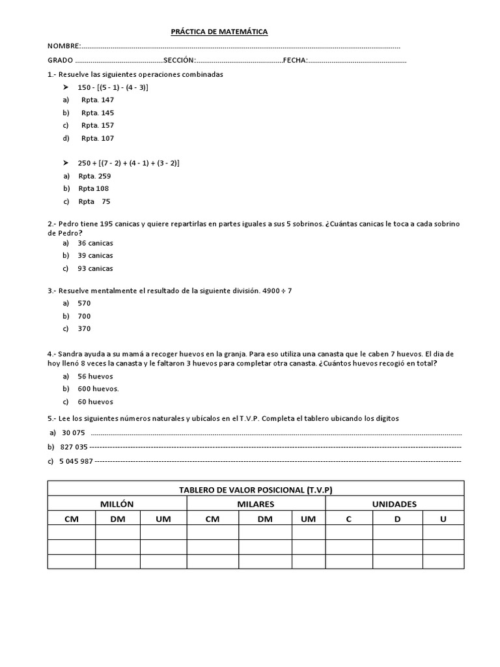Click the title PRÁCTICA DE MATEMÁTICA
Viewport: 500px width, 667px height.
point(219,31)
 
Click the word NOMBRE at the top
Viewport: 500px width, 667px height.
point(63,46)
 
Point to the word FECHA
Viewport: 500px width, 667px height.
point(294,61)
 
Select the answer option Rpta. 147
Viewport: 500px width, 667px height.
point(98,100)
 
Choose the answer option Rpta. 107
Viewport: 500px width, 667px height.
point(98,138)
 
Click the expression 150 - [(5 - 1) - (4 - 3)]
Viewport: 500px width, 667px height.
point(113,87)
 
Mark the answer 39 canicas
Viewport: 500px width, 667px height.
point(95,255)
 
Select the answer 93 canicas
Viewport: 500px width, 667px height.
point(95,268)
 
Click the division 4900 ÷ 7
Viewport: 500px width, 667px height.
point(281,290)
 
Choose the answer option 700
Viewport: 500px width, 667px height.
point(85,316)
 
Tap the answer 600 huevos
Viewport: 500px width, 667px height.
point(98,389)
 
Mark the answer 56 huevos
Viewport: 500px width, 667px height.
point(95,376)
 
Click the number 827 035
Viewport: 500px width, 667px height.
point(73,447)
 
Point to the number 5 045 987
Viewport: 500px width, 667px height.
point(77,461)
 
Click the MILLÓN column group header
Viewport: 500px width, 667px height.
point(117,504)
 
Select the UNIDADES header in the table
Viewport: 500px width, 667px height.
point(395,504)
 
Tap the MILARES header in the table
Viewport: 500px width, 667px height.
point(256,504)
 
